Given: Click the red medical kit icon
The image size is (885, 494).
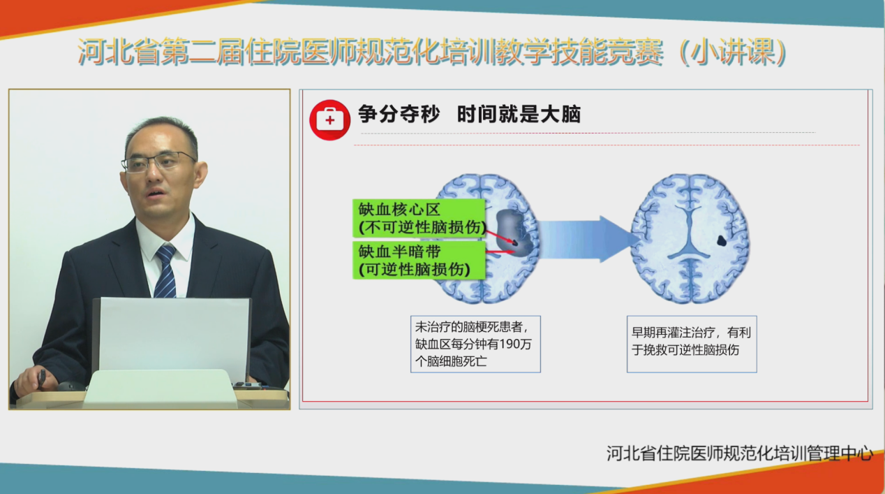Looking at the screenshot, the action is tap(330, 120).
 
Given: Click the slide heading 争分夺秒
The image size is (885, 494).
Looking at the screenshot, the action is tap(399, 115).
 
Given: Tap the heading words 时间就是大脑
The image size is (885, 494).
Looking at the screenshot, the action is tap(519, 115).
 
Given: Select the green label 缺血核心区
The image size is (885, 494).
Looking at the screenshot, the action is tap(419, 218).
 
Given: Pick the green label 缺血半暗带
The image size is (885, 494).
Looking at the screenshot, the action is tap(419, 260).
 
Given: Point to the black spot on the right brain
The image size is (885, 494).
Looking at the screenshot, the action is tap(722, 240).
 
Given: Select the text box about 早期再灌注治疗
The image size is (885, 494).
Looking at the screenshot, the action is tap(692, 344).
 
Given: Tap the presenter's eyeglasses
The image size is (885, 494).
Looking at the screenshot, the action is tap(160, 162).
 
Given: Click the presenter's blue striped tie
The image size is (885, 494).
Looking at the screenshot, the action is tap(165, 271).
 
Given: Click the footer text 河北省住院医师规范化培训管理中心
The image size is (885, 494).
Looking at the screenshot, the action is tap(740, 453).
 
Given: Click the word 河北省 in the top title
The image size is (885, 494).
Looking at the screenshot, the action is tap(119, 52).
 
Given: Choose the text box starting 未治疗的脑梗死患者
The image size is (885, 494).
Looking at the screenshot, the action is tap(476, 344).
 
